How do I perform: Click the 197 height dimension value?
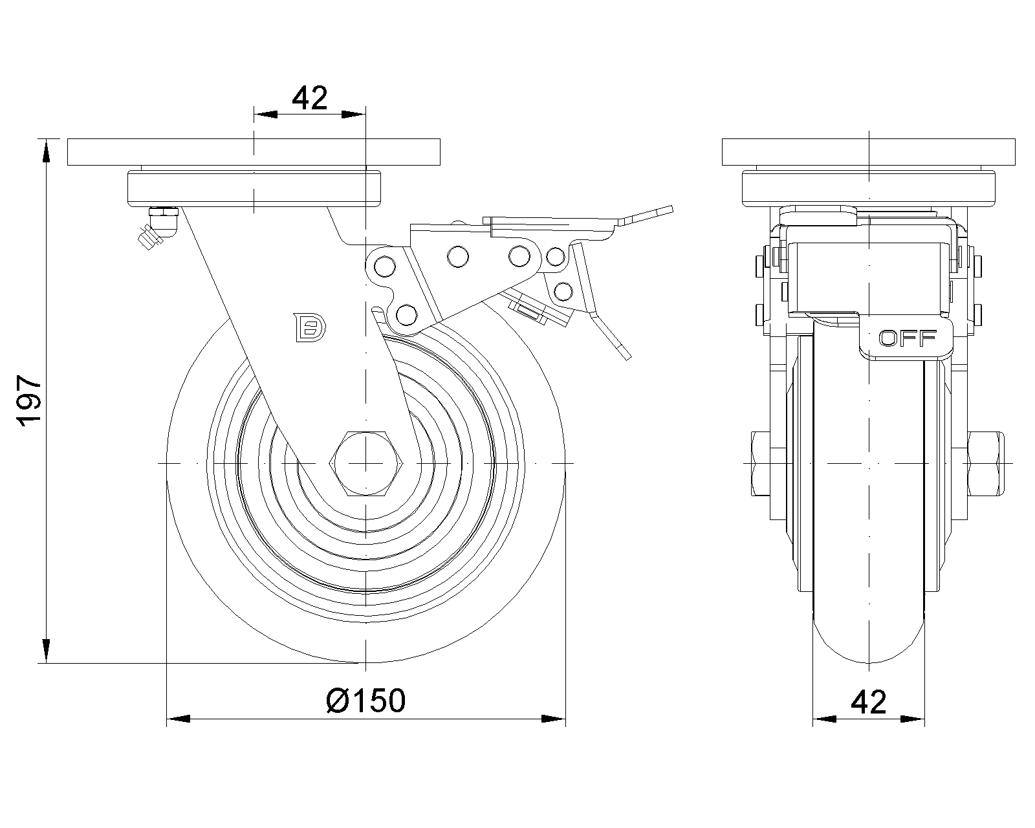30,400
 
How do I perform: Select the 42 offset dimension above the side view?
310,98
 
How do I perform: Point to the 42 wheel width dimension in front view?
868,701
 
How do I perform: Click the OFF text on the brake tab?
908,338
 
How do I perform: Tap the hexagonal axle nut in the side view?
366,464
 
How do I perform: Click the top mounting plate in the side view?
254,152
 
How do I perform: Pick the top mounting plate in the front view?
868,152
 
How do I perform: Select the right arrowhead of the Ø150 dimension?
554,718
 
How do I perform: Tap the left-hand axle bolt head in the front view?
761,464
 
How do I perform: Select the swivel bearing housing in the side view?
254,188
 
